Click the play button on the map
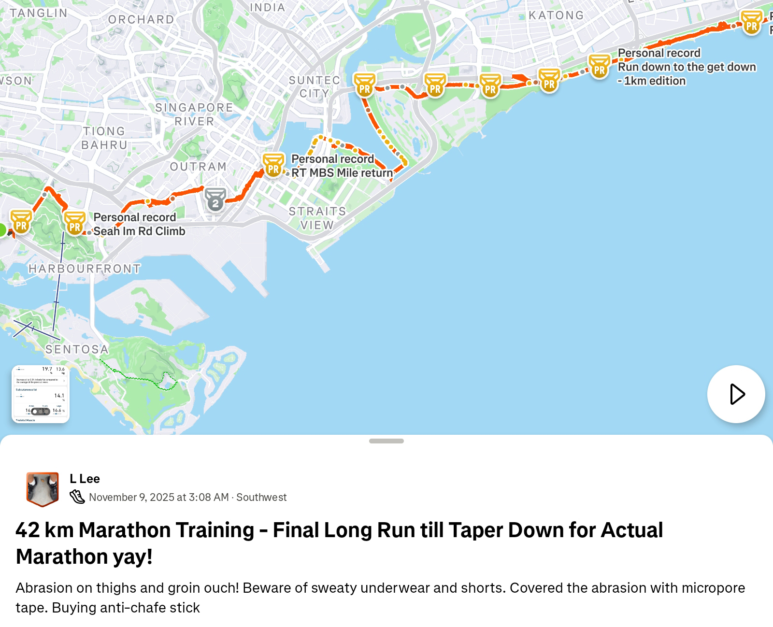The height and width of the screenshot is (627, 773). (x=736, y=394)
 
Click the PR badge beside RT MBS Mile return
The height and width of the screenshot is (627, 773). (x=273, y=166)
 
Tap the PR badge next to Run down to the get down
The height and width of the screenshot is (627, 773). (x=599, y=67)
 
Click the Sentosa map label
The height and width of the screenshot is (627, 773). (x=77, y=349)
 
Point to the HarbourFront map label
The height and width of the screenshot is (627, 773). (x=85, y=269)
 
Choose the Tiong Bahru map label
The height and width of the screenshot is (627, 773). (x=104, y=138)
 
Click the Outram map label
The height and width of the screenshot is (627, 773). (x=198, y=167)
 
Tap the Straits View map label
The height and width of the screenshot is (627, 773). (x=317, y=218)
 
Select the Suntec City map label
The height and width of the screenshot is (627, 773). (x=315, y=86)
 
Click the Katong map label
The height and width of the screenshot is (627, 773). (x=556, y=15)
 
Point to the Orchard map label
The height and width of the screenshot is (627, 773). (x=141, y=20)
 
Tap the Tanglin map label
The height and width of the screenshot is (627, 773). (x=39, y=13)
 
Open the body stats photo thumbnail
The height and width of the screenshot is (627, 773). (x=41, y=394)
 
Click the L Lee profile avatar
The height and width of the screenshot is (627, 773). (x=43, y=489)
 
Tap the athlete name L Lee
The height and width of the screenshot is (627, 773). (x=85, y=479)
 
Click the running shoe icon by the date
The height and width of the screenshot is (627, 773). (x=77, y=497)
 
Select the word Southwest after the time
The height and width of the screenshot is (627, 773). (x=261, y=497)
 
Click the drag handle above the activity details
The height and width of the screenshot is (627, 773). (x=386, y=441)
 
